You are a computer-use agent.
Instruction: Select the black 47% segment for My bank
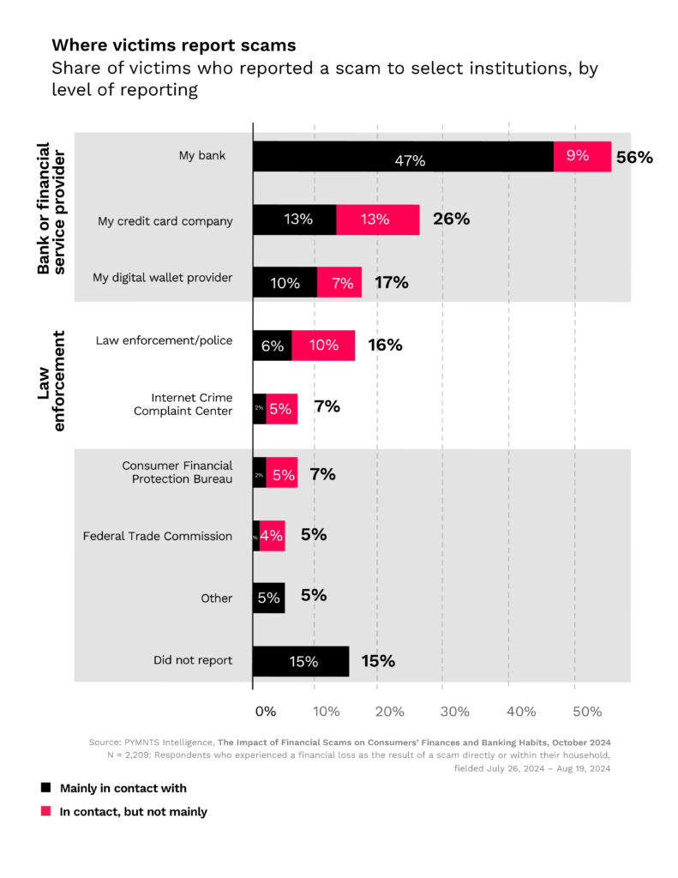403,158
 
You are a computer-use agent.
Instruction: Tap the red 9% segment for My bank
582,157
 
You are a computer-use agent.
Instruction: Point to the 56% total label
634,158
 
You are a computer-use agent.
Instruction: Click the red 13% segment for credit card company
377,219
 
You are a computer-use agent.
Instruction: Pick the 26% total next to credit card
451,219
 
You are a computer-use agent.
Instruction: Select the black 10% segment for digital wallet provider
285,282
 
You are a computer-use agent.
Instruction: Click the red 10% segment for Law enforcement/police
323,345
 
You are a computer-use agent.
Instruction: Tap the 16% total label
385,345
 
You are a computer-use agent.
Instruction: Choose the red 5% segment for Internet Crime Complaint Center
282,409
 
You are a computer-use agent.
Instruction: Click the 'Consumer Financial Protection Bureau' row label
177,472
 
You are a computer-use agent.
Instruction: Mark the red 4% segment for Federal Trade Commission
273,536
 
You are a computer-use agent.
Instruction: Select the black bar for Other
268,598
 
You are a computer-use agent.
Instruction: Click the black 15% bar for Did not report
300,661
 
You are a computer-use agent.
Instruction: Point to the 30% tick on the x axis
455,712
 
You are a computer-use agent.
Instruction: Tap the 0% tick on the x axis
265,712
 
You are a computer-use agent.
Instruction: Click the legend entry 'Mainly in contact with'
123,788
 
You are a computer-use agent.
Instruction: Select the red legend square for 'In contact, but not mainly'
45,811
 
